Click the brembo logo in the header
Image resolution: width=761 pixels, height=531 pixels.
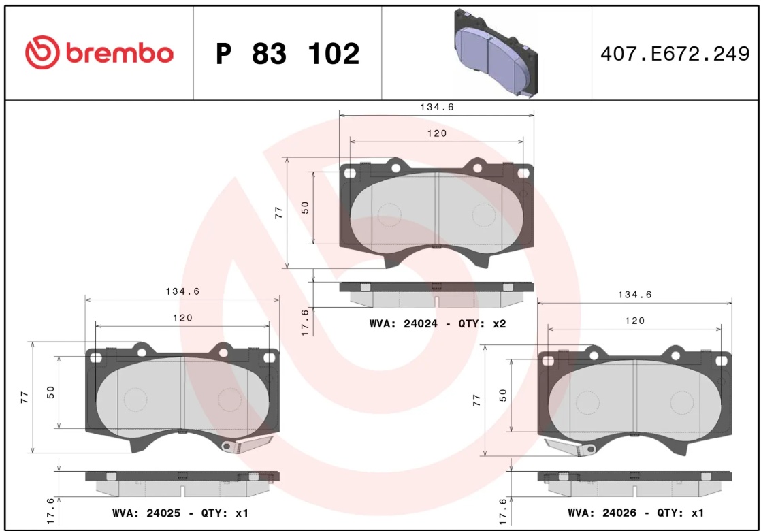coord(99,52)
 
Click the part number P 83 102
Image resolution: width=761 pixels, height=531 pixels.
coord(288,53)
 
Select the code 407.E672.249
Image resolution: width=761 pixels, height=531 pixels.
coord(675,53)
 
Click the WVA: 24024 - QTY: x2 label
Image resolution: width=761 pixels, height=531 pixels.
coord(437,324)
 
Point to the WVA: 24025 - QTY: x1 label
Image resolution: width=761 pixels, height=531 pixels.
coord(180,513)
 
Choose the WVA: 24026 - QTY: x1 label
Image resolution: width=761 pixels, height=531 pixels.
coord(635,513)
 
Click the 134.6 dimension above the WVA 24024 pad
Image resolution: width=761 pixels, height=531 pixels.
coord(437,107)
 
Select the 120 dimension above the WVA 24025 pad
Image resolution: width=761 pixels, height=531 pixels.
coord(182,317)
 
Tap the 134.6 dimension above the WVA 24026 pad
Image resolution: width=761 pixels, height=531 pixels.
coord(635,295)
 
